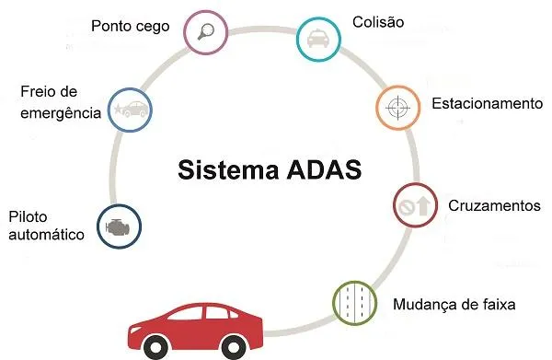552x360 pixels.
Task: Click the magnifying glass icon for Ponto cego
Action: point(206,31)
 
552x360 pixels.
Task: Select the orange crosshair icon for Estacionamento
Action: point(397,108)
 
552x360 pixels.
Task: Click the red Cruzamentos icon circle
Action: point(415,205)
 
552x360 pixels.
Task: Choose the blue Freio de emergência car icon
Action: point(130,110)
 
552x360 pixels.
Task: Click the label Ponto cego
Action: point(130,26)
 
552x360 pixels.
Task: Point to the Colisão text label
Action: point(378,21)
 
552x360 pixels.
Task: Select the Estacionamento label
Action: point(487,103)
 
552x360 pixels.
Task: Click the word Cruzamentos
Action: point(493,205)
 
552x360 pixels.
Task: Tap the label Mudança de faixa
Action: point(454,304)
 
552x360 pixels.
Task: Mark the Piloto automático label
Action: point(46,226)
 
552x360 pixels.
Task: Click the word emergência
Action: point(60,114)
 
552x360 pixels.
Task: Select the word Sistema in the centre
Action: point(227,170)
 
